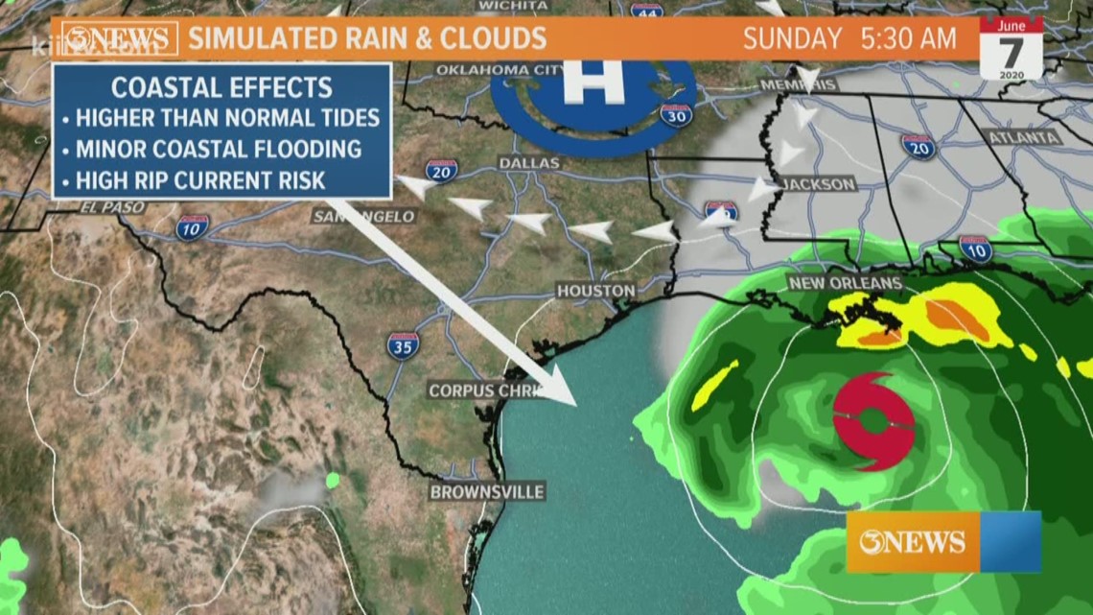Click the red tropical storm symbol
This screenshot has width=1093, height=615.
(x=873, y=422)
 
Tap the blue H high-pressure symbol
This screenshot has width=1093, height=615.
(x=593, y=86)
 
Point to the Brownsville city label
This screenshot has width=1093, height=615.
(x=486, y=492)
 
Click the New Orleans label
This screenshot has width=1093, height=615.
(x=845, y=283)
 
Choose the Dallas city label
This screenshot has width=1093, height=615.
(x=529, y=164)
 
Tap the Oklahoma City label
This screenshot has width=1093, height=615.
(x=499, y=70)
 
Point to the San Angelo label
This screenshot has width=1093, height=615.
(x=363, y=217)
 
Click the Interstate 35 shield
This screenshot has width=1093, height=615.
(x=403, y=345)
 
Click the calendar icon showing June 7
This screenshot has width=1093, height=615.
(x=1011, y=48)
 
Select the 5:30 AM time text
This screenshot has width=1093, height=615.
(x=908, y=39)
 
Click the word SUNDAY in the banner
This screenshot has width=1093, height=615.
(x=792, y=39)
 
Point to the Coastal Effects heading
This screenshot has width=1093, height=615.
(x=221, y=87)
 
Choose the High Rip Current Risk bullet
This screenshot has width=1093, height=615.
(x=200, y=178)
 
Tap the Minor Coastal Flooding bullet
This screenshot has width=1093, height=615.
(x=218, y=149)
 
